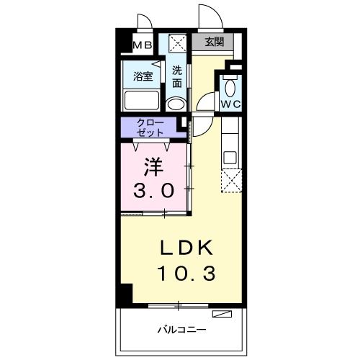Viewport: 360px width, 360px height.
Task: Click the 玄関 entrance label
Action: tap(214, 42)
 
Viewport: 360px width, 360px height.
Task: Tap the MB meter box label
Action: tap(142, 45)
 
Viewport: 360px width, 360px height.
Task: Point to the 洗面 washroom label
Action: tap(177, 76)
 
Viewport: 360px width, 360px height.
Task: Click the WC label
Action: tap(230, 104)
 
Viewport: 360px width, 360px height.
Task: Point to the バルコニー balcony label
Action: tap(182, 330)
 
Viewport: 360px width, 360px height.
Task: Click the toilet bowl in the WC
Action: tap(230, 87)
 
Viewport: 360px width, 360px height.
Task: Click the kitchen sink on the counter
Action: tap(230, 156)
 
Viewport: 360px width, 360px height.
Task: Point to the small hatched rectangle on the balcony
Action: tap(222, 313)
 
